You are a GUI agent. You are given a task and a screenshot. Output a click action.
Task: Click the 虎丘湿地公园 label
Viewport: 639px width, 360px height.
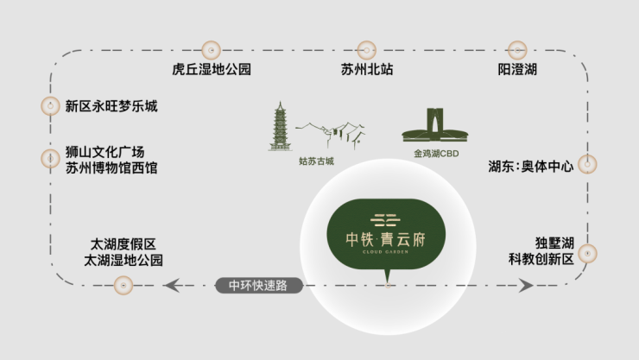[212, 69]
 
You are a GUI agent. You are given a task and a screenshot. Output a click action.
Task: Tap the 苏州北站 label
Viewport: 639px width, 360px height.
[367, 69]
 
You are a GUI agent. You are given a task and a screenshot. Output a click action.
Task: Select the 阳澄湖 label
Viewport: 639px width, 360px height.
[517, 69]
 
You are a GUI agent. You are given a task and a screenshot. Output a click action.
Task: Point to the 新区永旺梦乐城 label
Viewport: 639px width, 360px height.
[111, 106]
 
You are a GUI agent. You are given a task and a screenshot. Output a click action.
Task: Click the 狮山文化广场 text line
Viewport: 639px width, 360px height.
[104, 152]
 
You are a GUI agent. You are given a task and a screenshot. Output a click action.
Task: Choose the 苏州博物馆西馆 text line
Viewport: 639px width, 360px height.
[111, 167]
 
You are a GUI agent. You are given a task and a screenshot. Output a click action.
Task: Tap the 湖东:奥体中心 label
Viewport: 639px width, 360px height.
[531, 166]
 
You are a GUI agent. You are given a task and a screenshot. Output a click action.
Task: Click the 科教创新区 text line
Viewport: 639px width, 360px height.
[541, 259]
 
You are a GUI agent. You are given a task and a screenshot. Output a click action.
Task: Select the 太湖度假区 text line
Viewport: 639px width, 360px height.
[123, 244]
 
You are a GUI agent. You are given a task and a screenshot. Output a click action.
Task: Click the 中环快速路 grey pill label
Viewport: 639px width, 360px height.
[259, 286]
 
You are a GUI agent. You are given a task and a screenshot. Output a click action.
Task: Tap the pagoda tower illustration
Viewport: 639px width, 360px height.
[280, 126]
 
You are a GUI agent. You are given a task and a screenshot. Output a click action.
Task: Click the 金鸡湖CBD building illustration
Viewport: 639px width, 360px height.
[435, 125]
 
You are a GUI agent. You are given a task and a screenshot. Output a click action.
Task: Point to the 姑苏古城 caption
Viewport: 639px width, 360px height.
[316, 161]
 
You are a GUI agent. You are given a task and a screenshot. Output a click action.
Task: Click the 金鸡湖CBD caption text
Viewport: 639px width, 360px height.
[436, 154]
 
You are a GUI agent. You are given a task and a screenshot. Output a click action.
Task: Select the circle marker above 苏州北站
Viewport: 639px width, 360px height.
[367, 50]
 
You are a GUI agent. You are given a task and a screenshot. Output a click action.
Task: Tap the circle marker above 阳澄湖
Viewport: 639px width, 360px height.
[517, 50]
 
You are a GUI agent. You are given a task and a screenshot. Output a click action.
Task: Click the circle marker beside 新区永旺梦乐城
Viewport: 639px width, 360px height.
[51, 106]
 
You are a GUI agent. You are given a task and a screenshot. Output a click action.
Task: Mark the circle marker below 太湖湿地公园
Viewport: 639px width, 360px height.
[123, 286]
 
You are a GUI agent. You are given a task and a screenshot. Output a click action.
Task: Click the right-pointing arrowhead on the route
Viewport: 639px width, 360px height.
[526, 286]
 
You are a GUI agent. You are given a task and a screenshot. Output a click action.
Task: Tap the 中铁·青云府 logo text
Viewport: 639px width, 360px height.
[385, 239]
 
